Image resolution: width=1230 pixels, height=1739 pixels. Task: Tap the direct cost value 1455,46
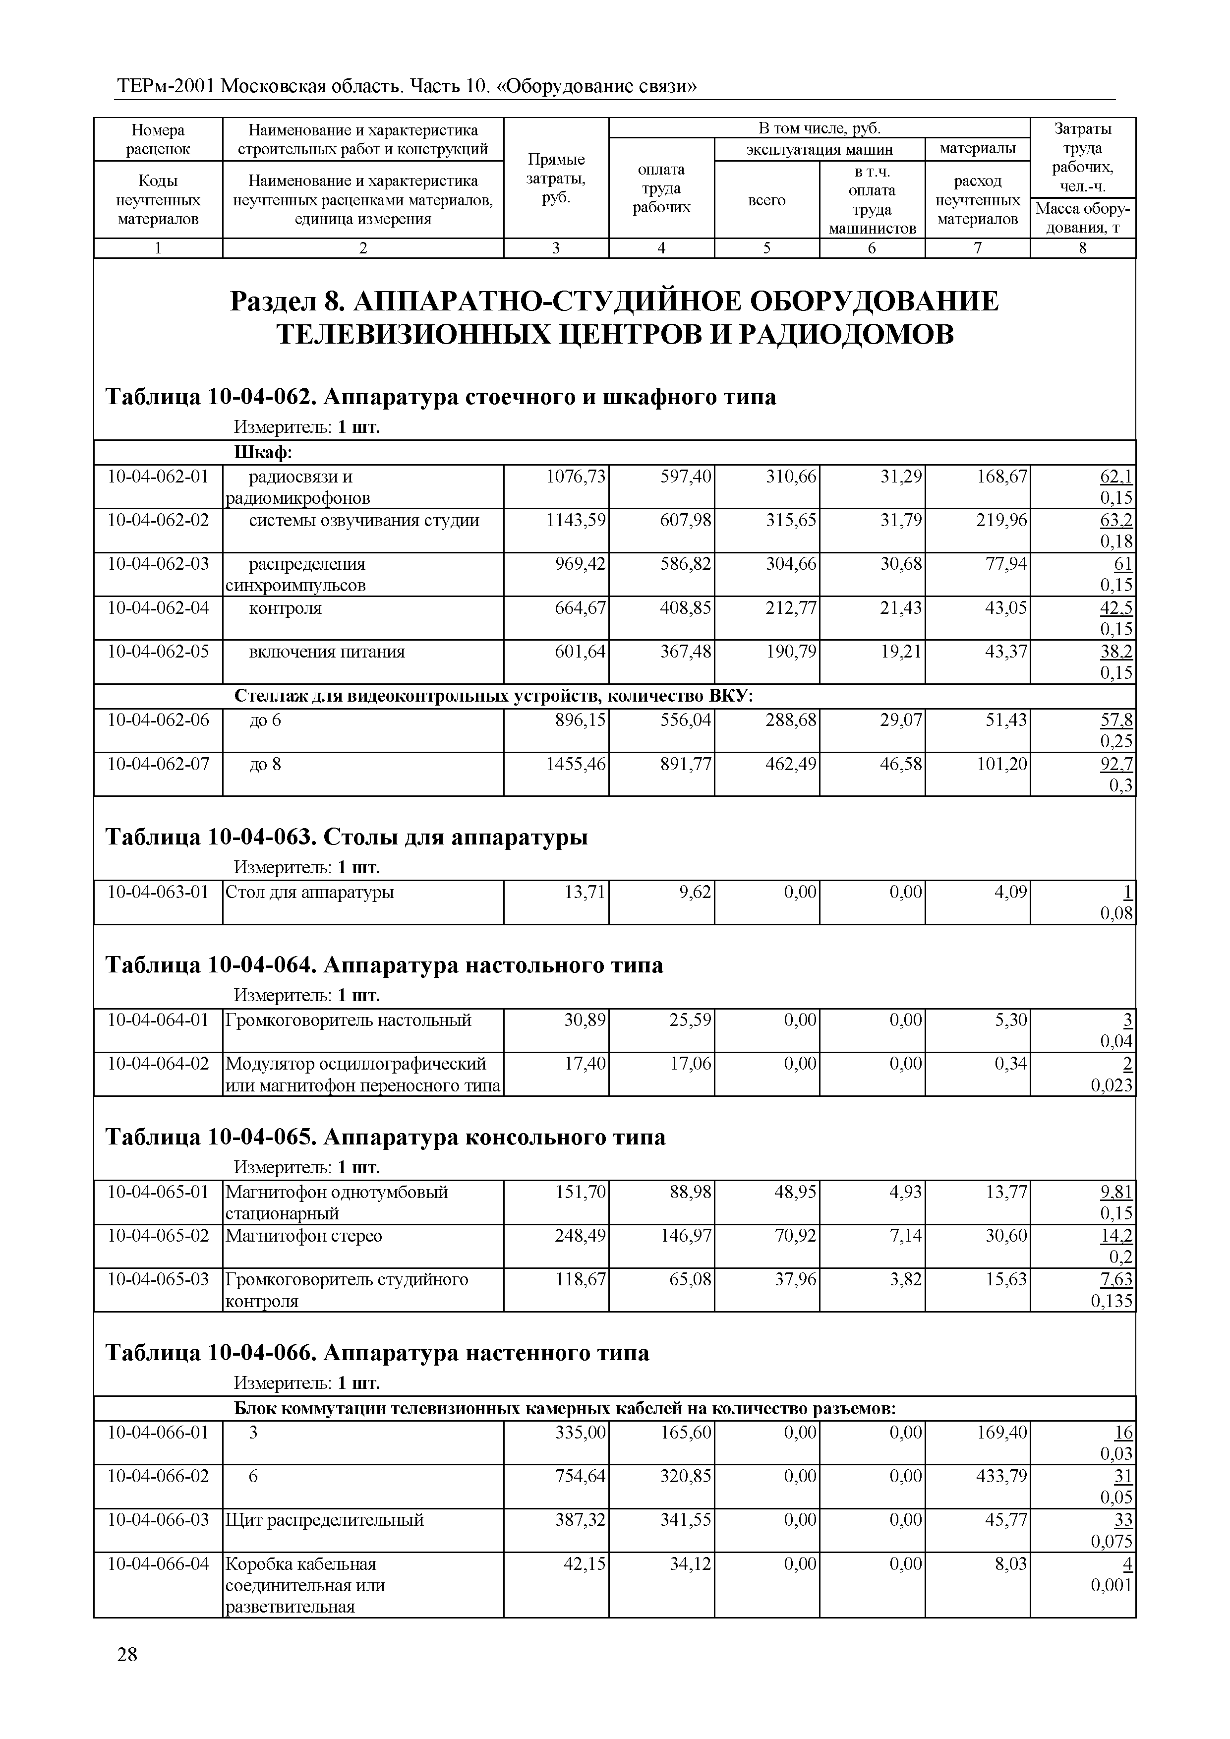coord(576,764)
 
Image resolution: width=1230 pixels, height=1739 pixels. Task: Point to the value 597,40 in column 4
coord(686,477)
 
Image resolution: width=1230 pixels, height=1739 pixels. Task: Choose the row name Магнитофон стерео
coord(304,1236)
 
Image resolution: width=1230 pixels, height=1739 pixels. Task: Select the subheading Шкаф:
coord(263,453)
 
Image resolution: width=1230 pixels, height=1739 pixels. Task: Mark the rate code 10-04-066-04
coord(158,1564)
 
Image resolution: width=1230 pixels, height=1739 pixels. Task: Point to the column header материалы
coord(977,148)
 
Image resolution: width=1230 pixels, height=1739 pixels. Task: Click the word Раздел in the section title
coord(274,301)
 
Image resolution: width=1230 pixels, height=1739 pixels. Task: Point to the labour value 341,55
coord(686,1520)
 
